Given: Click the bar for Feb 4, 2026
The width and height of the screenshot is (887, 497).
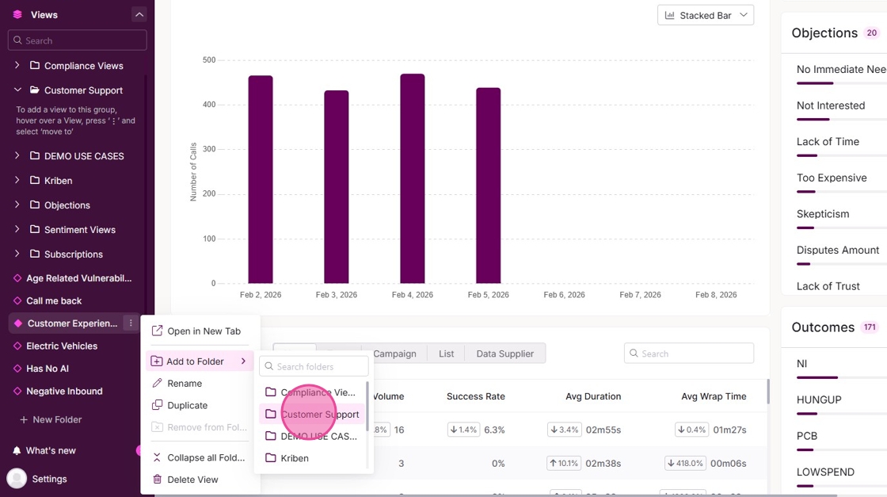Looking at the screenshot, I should point(412,178).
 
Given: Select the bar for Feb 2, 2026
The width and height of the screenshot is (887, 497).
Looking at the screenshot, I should point(261,179).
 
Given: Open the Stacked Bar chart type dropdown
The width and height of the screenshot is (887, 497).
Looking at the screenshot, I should point(705,15).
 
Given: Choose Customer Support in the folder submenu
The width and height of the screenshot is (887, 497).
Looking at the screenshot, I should point(319,414).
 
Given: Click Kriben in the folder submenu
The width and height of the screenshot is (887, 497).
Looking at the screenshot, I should point(295,458).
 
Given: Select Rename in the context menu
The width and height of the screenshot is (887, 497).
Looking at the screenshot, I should point(185,383).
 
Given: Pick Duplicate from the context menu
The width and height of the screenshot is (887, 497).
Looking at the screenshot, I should point(188,405).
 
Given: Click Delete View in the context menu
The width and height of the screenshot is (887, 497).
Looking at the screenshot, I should point(192,480).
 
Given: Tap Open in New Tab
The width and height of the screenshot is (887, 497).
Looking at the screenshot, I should point(204,331).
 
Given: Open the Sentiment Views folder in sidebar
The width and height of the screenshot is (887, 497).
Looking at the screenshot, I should point(79,230).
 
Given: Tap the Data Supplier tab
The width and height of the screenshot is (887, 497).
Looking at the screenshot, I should point(504,354).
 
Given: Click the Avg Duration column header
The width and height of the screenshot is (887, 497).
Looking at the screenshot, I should point(593,396).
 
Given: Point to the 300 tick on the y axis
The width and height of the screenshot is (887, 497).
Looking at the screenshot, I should point(209,149).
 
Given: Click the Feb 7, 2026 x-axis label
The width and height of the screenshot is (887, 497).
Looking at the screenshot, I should point(640,295).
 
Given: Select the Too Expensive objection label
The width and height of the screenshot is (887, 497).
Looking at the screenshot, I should point(831,178).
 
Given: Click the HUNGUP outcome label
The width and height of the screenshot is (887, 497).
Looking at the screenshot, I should point(819,400).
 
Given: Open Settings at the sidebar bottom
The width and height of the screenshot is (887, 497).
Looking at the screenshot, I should point(49,479).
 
